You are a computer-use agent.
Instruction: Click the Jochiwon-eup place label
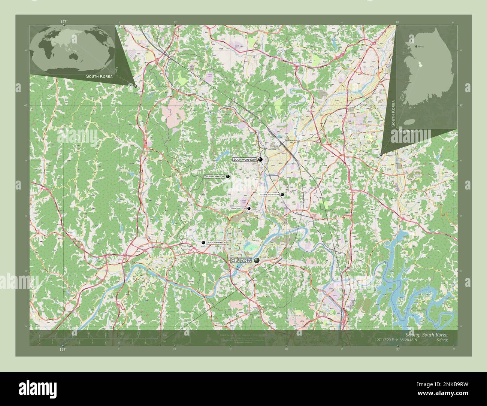pyautogui.click(x=244, y=160)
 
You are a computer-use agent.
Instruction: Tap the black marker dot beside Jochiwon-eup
pyautogui.click(x=260, y=160)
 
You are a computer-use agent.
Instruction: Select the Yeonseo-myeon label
pyautogui.click(x=214, y=176)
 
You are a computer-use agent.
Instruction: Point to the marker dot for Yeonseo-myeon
pyautogui.click(x=228, y=176)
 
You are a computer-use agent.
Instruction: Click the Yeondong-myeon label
pyautogui.click(x=269, y=195)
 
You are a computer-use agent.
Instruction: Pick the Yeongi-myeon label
pyautogui.click(x=238, y=208)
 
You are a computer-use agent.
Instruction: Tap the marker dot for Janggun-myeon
pyautogui.click(x=203, y=243)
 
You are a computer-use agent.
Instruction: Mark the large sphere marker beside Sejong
pyautogui.click(x=257, y=260)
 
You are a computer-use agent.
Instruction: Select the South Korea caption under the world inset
pyautogui.click(x=99, y=76)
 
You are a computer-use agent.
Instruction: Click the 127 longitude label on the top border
pyautogui.click(x=63, y=22)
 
